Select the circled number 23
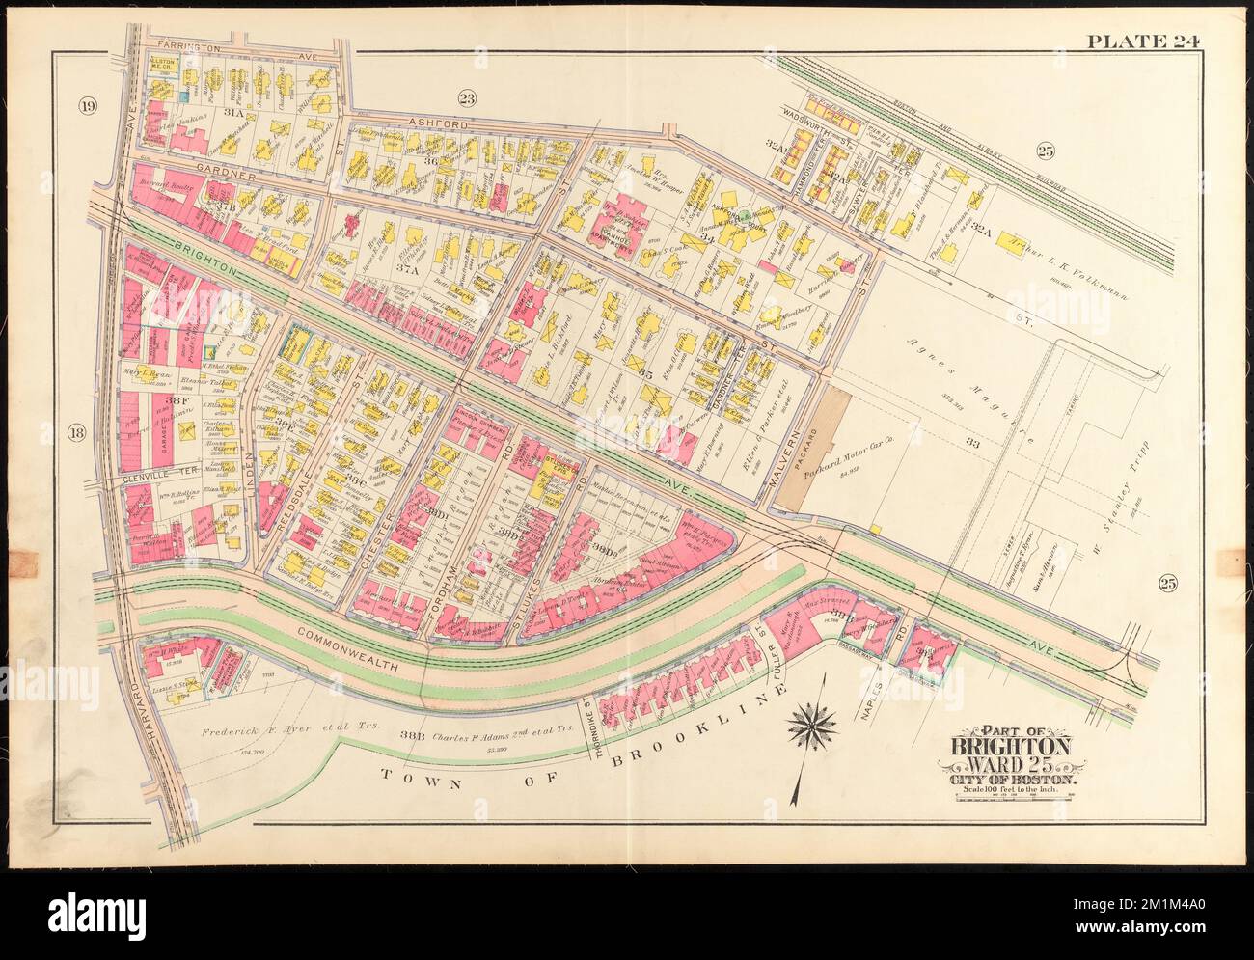pos(468,96)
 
